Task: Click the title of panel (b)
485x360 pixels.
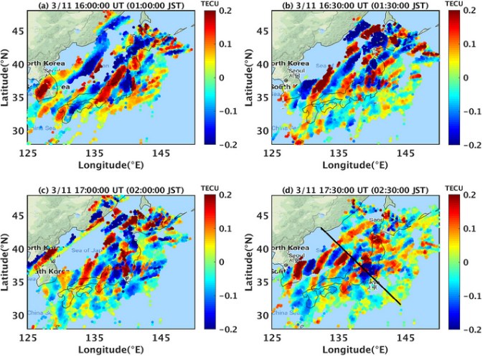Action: coord(357,5)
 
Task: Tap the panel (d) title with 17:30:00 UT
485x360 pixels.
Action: coord(357,189)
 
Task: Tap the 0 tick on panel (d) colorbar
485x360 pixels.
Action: coord(467,262)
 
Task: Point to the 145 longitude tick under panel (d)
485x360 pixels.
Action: coord(406,336)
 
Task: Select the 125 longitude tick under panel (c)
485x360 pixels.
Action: coord(28,336)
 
